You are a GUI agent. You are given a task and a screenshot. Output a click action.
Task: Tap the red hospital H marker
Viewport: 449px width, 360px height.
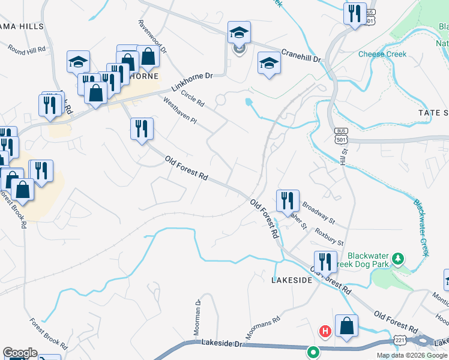325,331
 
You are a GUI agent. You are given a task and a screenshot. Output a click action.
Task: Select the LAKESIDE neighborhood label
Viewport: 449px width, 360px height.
292,280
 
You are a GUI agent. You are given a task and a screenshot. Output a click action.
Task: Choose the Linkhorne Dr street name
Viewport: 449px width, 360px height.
192,82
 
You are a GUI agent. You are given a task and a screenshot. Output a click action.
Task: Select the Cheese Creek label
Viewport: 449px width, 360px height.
382,54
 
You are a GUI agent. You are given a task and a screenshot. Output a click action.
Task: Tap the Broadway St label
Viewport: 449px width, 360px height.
318,209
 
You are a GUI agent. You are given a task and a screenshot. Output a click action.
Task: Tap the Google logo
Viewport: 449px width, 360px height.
20,353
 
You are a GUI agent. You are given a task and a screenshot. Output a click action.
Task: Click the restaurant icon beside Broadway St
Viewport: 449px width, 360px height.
288,200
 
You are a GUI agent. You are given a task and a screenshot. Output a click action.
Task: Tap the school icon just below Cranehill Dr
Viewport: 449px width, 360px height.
269,63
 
